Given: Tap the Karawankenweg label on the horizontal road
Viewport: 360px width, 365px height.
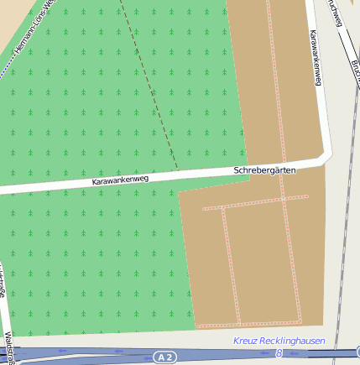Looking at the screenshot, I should tap(119, 179).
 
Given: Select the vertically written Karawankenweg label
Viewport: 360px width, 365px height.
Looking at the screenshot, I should tap(316, 58).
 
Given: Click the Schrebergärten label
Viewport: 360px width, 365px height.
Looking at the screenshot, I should tap(264, 170).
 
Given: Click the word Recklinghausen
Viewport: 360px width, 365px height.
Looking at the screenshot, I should tap(293, 341).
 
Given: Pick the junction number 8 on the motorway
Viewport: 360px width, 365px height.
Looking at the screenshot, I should tap(279, 353).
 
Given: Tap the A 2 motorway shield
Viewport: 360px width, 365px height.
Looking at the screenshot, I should tap(165, 357).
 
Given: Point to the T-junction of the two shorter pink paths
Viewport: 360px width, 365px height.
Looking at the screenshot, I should tap(224, 206).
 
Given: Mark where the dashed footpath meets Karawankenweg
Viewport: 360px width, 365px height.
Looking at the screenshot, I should tap(178, 171).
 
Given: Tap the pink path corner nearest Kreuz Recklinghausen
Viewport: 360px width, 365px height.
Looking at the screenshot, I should tap(300, 321).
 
